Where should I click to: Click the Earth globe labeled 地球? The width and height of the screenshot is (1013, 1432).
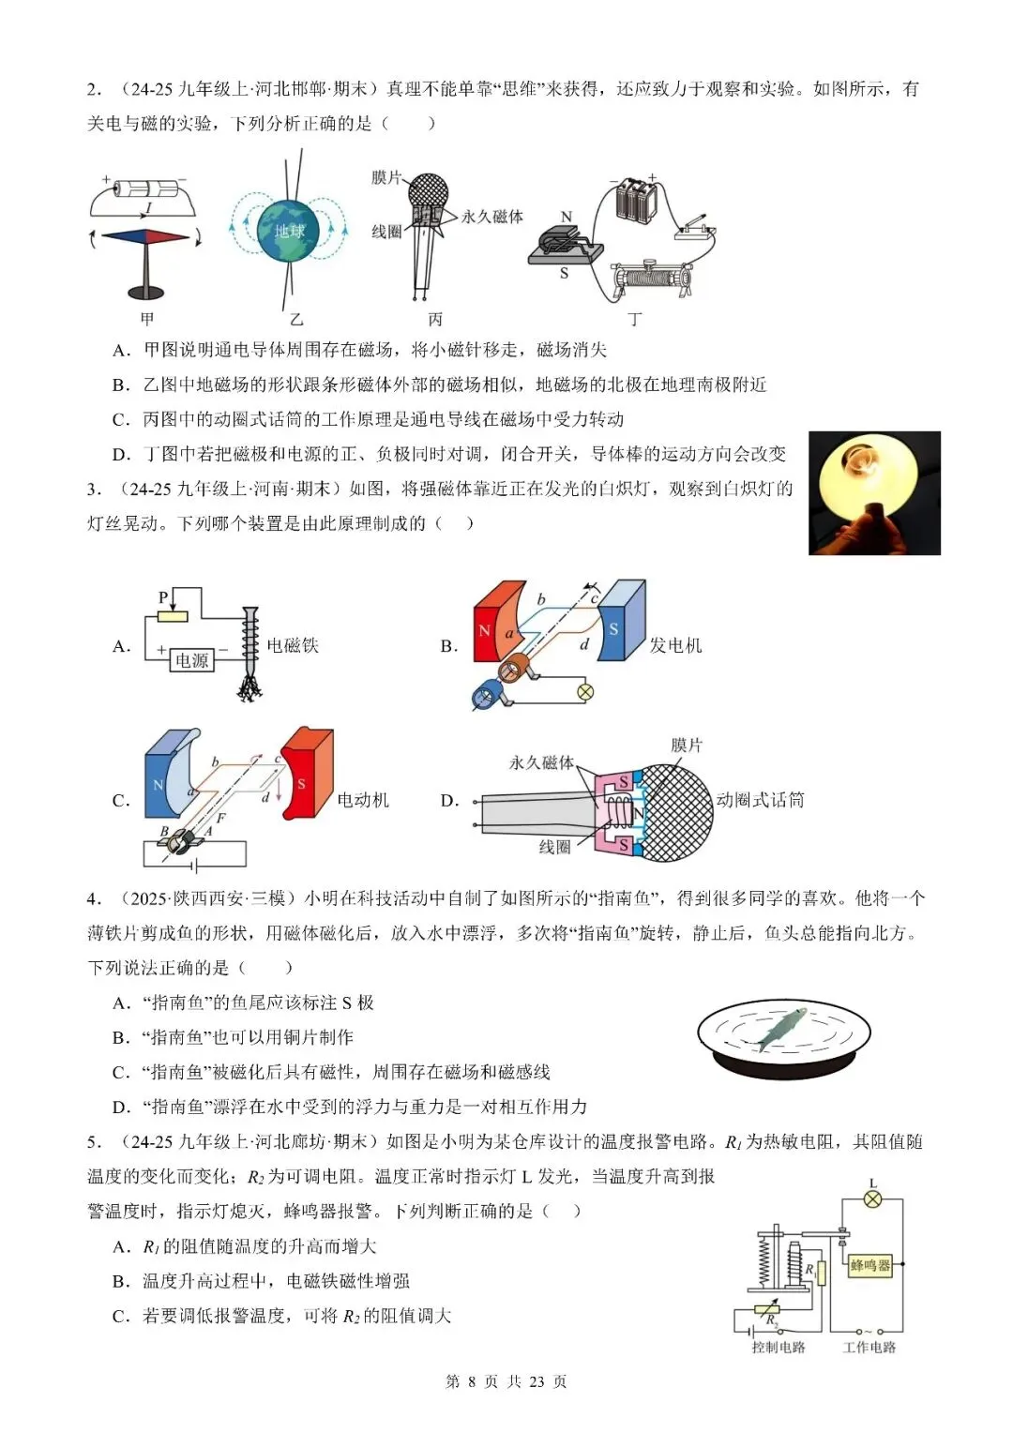289,230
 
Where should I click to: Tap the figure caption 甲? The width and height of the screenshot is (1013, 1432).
147,319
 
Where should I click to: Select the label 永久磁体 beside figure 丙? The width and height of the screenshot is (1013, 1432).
492,217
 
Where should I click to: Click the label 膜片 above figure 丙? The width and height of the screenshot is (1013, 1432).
386,176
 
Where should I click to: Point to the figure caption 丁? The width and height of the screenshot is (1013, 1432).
635,320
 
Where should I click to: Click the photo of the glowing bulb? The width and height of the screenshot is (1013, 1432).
873,492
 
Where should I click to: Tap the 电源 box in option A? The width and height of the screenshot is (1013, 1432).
191,660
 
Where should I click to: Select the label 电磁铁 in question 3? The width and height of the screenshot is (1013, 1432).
293,645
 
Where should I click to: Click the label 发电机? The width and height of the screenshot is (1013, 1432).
675,645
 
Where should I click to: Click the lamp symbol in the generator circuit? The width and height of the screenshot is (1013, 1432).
585,693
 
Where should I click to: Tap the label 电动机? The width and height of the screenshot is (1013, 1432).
363,800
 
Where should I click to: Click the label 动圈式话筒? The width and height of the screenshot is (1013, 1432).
760,800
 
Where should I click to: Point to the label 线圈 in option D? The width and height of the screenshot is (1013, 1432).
554,847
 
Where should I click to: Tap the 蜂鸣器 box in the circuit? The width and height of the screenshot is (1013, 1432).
869,1265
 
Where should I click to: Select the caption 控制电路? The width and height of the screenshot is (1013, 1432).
779,1348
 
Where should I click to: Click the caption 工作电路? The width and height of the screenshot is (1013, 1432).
869,1348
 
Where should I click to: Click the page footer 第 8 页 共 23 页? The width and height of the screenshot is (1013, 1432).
506,1381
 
